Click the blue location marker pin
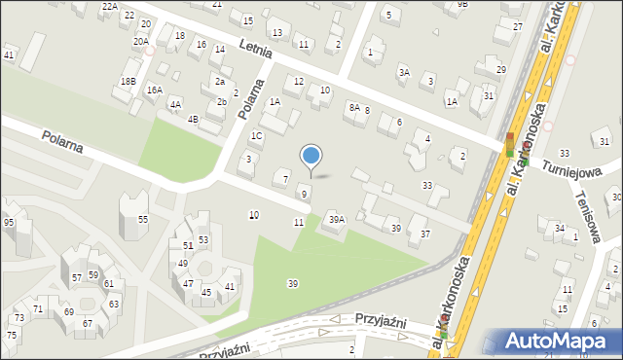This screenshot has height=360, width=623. click(311, 157)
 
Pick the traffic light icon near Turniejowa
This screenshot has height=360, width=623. click(509, 146)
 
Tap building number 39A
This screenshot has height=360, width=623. click(336, 219)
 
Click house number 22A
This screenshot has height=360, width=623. click(109, 6)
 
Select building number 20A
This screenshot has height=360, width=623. click(140, 41)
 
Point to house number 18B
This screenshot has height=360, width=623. click(128, 81)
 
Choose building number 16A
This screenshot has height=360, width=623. click(154, 90)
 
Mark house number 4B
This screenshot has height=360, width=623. click(193, 119)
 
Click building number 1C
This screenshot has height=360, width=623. click(256, 136)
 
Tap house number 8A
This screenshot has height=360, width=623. click(354, 107)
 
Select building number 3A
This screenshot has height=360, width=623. click(403, 72)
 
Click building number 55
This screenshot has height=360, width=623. click(142, 220)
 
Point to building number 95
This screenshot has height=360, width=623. click(9, 222)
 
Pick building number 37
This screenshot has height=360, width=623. click(424, 234)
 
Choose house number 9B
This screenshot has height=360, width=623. click(462, 4)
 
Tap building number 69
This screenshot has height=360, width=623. click(68, 311)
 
